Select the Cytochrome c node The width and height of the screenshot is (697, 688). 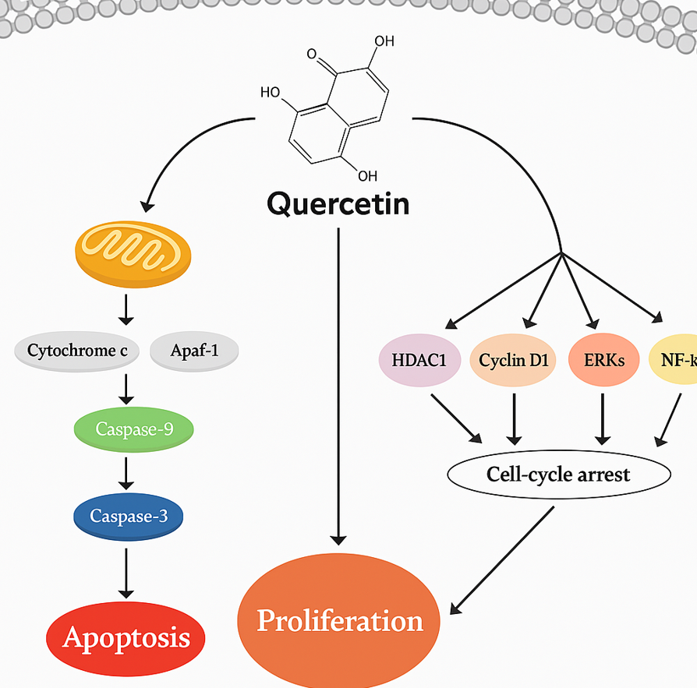click(x=77, y=351)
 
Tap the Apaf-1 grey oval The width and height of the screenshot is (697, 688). click(x=193, y=351)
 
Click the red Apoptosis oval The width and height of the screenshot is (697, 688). click(x=126, y=637)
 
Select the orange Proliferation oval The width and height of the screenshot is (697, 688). click(x=340, y=620)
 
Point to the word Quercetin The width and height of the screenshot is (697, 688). click(x=338, y=204)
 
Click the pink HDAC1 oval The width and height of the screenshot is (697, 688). click(x=418, y=362)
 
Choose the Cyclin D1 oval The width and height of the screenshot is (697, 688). click(x=513, y=362)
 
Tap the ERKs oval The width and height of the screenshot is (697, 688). click(x=603, y=362)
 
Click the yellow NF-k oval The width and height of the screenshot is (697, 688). click(x=673, y=362)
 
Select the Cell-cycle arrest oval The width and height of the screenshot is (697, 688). click(x=558, y=473)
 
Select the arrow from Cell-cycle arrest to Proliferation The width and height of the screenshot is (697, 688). click(x=504, y=558)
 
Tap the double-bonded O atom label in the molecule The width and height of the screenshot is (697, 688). click(x=313, y=55)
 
